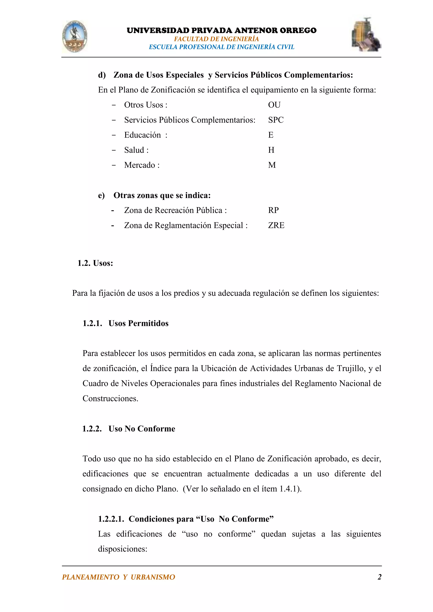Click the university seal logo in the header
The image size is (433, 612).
point(75,37)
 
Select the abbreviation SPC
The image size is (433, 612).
point(276,120)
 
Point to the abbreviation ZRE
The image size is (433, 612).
point(276,225)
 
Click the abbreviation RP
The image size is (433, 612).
point(273,210)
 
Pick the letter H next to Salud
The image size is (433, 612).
point(271,150)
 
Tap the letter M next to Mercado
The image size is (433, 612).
point(272,165)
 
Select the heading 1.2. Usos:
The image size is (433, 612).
point(95,263)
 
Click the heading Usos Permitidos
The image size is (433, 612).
point(138,323)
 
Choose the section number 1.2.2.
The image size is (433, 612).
point(92,429)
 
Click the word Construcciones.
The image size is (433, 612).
point(110,399)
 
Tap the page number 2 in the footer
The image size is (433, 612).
point(380,577)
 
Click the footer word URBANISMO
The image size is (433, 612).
point(153,577)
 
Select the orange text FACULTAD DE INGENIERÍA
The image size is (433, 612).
point(216,39)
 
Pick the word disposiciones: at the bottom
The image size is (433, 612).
point(123,549)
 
